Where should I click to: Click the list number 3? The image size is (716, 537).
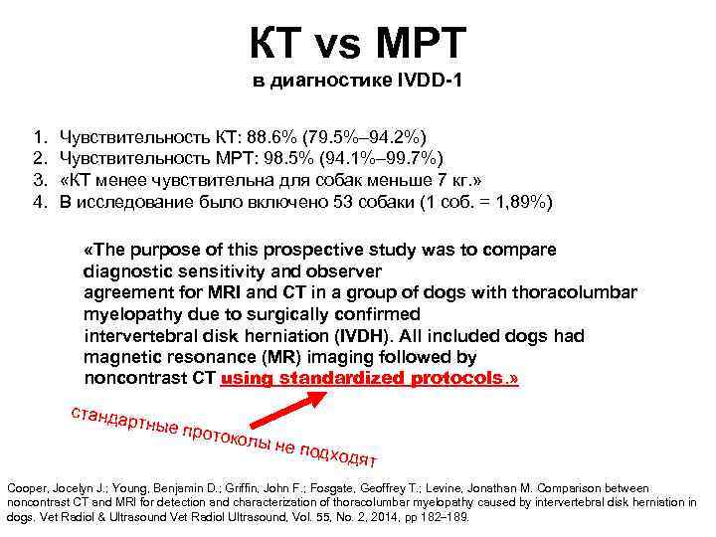click(38, 180)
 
